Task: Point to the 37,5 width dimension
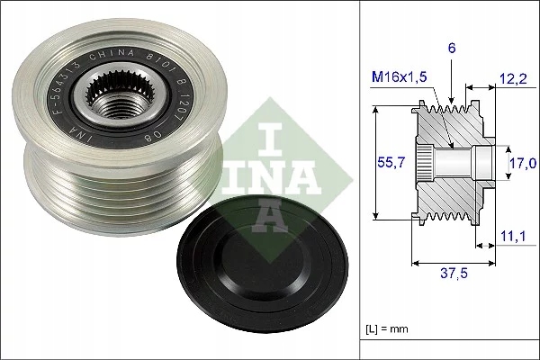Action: (455, 276)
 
